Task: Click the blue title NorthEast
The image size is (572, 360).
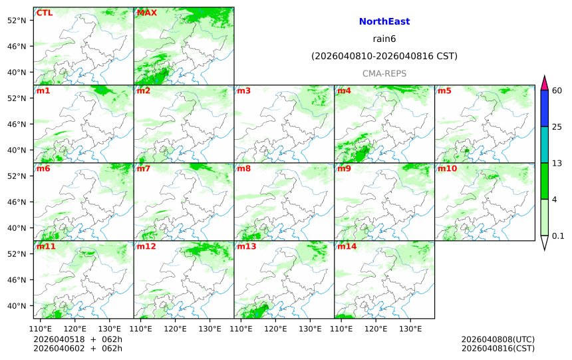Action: tap(384, 22)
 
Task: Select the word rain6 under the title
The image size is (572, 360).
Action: tap(384, 39)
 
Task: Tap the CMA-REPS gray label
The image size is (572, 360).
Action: tap(384, 73)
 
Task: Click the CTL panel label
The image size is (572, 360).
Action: tap(45, 13)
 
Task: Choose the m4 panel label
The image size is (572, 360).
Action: tap(344, 90)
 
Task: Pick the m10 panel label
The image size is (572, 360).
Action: tap(447, 168)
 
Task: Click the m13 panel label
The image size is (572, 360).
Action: tap(246, 246)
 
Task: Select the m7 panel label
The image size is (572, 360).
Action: tap(143, 168)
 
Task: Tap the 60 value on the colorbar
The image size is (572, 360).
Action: tap(557, 90)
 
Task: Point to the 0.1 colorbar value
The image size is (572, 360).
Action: tap(558, 236)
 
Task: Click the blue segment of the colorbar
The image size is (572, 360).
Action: tap(544, 108)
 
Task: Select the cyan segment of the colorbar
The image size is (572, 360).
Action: tap(544, 145)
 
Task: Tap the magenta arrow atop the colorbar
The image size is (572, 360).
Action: tap(544, 83)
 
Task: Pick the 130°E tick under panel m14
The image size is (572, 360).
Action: tap(410, 329)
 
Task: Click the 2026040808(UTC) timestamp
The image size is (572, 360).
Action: tap(498, 339)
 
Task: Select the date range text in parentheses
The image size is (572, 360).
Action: tap(384, 57)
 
